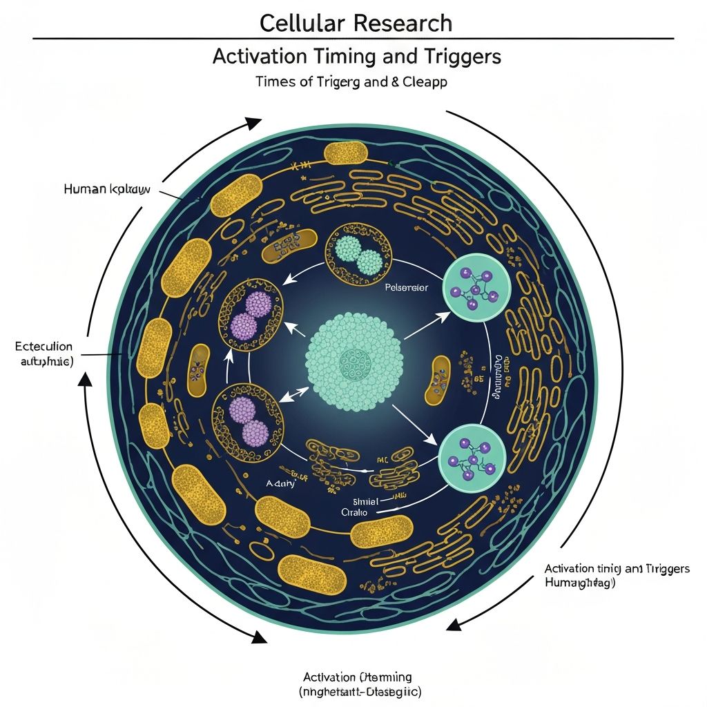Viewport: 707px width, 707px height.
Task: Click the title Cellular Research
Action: point(356,23)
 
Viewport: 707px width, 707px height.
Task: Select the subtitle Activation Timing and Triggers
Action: point(356,57)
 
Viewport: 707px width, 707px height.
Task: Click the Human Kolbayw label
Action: point(106,188)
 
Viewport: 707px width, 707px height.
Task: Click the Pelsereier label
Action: point(406,287)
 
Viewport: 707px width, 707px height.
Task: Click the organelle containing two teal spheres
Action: point(358,255)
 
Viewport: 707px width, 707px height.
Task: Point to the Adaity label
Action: point(280,484)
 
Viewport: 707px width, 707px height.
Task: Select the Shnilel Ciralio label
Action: point(356,507)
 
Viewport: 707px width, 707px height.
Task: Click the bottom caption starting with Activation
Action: point(358,684)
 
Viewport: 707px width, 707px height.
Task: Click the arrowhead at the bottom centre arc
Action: point(259,637)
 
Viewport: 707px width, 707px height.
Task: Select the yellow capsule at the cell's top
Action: point(345,153)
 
